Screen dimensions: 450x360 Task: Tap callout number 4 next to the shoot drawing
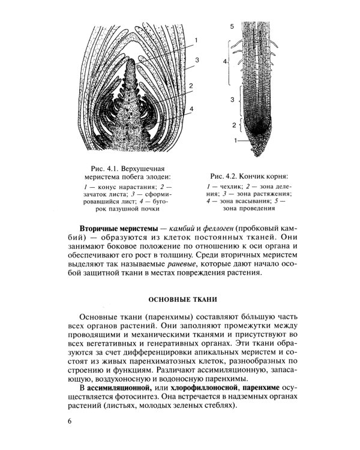(x=191, y=108)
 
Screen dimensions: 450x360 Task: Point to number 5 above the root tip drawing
(x=231, y=28)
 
